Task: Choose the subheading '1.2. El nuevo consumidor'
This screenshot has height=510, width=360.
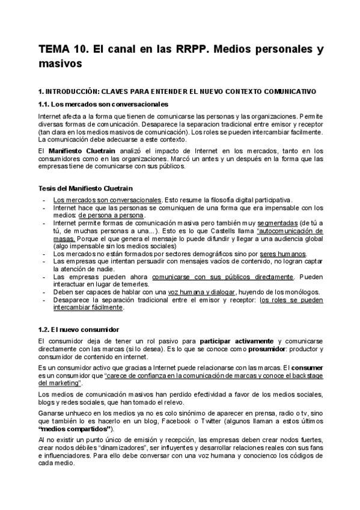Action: pyautogui.click(x=78, y=330)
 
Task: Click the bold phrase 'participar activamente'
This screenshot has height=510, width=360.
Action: pyautogui.click(x=233, y=341)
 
